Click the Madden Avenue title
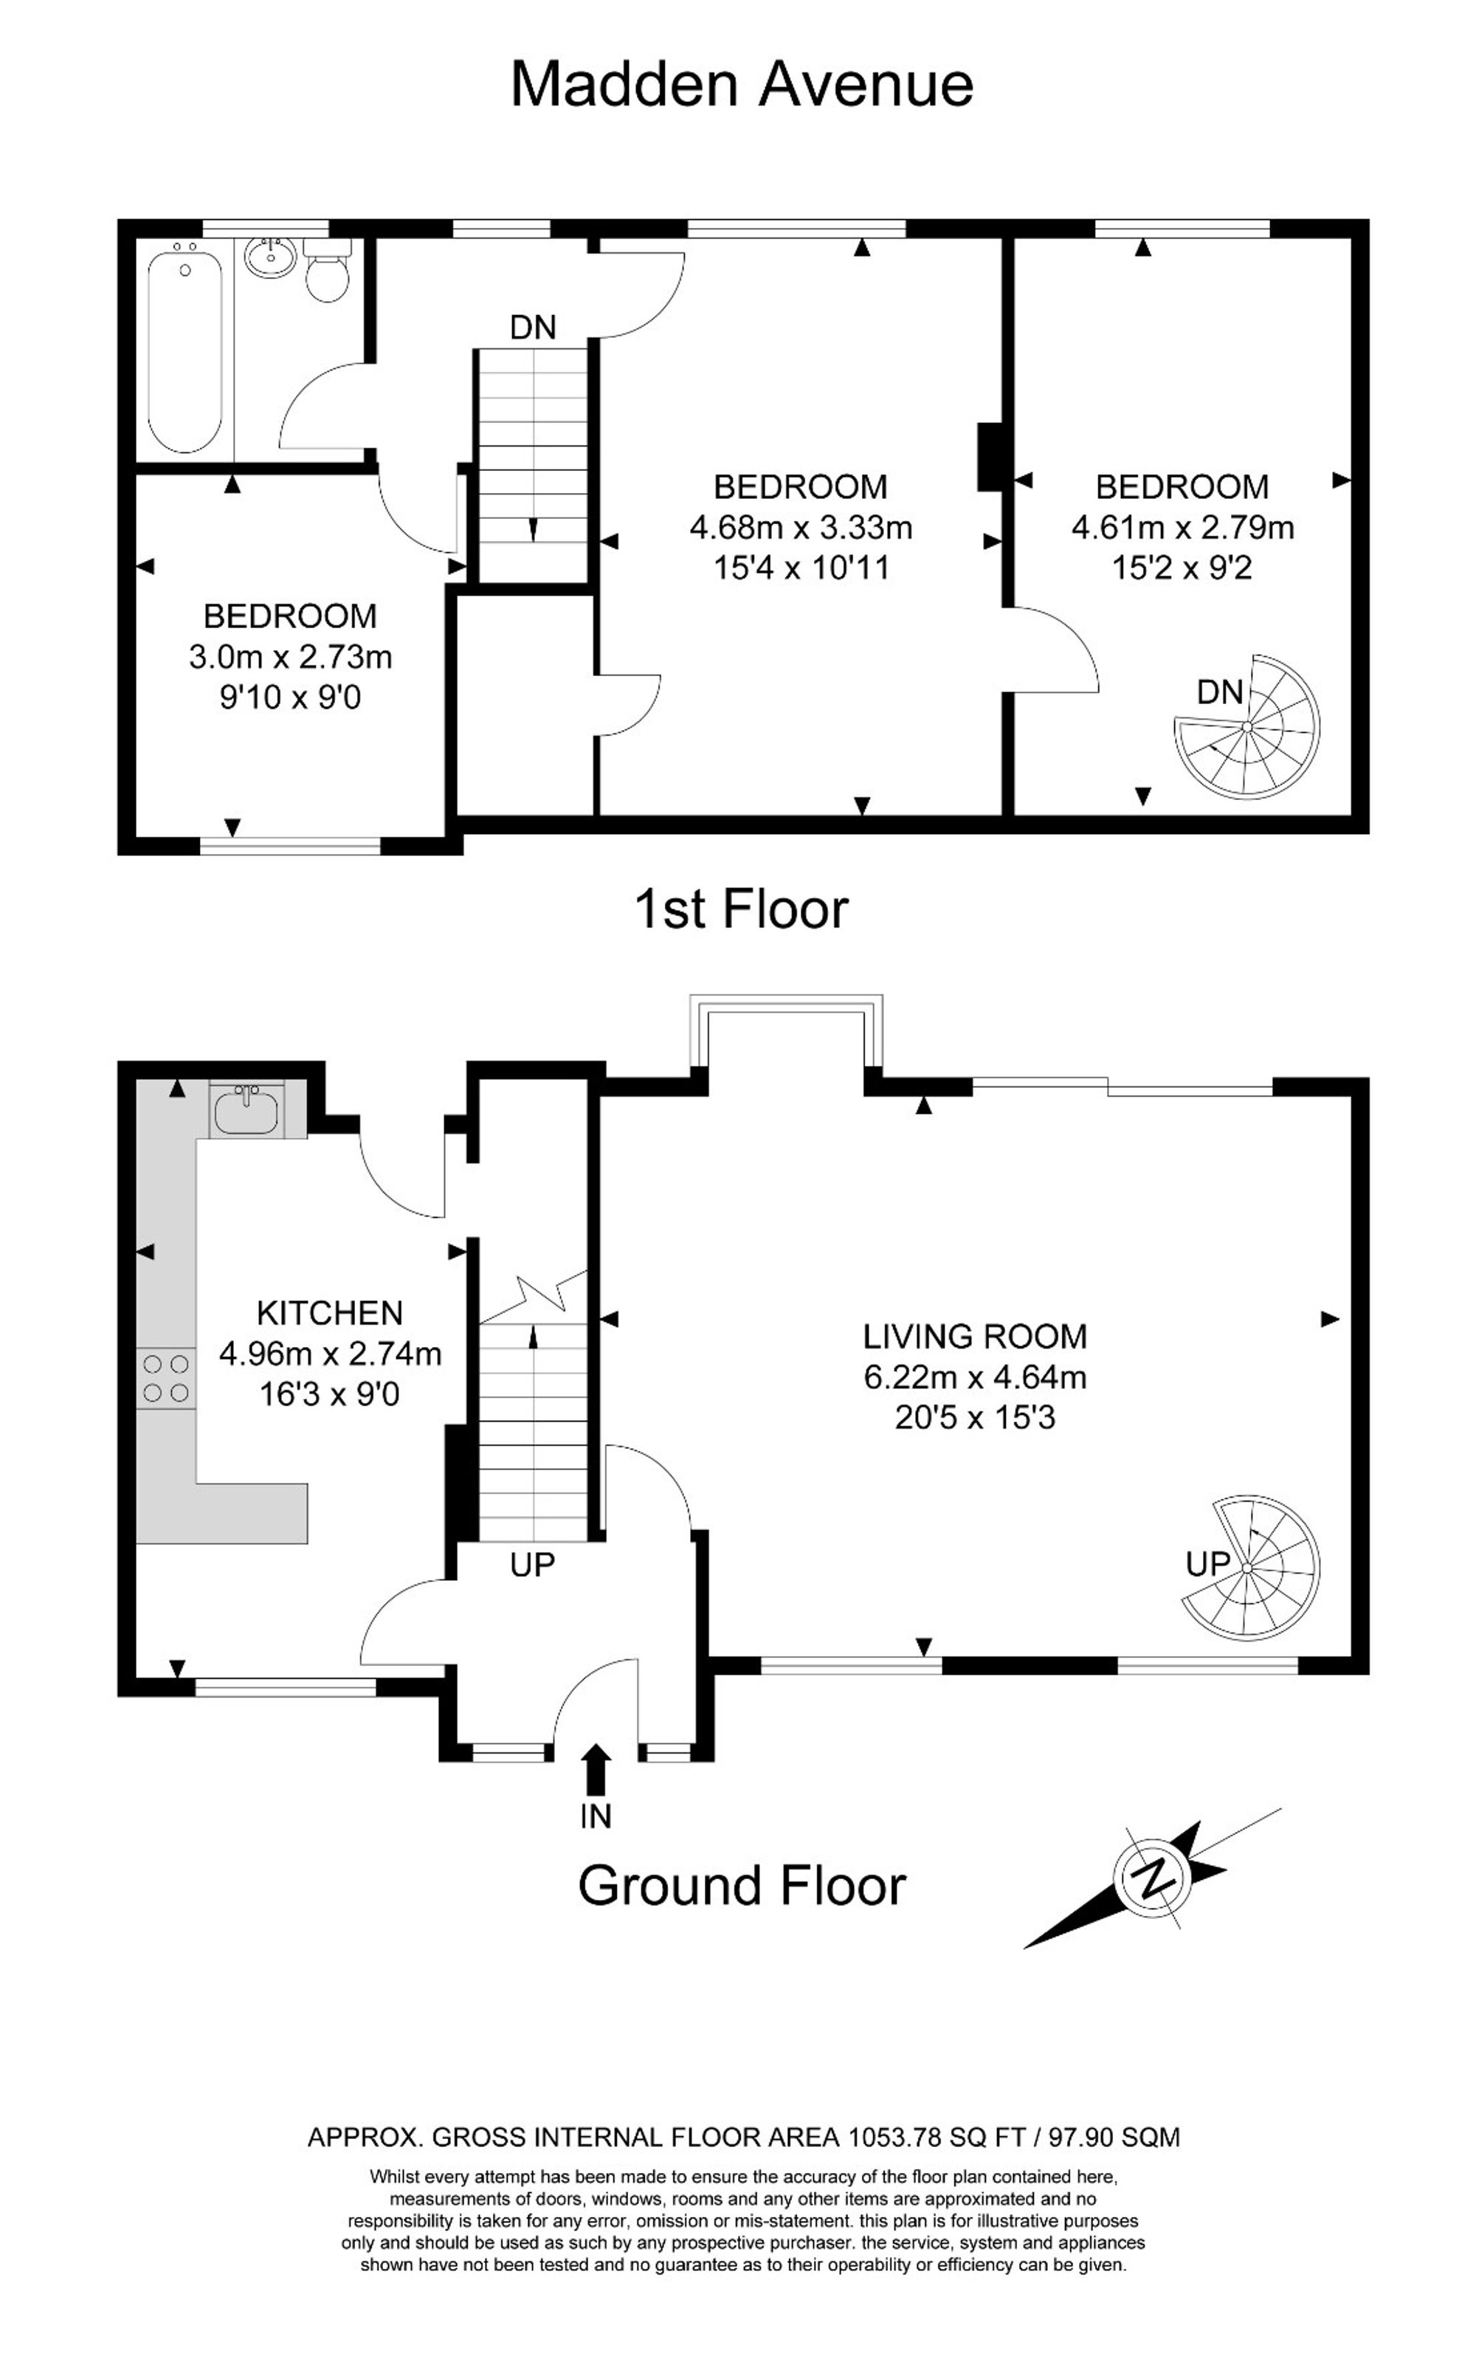point(742,84)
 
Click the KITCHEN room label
point(330,1312)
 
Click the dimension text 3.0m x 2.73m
point(291,657)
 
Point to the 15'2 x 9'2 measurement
point(1182,568)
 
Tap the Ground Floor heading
point(742,1887)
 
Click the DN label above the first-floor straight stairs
point(533,327)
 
